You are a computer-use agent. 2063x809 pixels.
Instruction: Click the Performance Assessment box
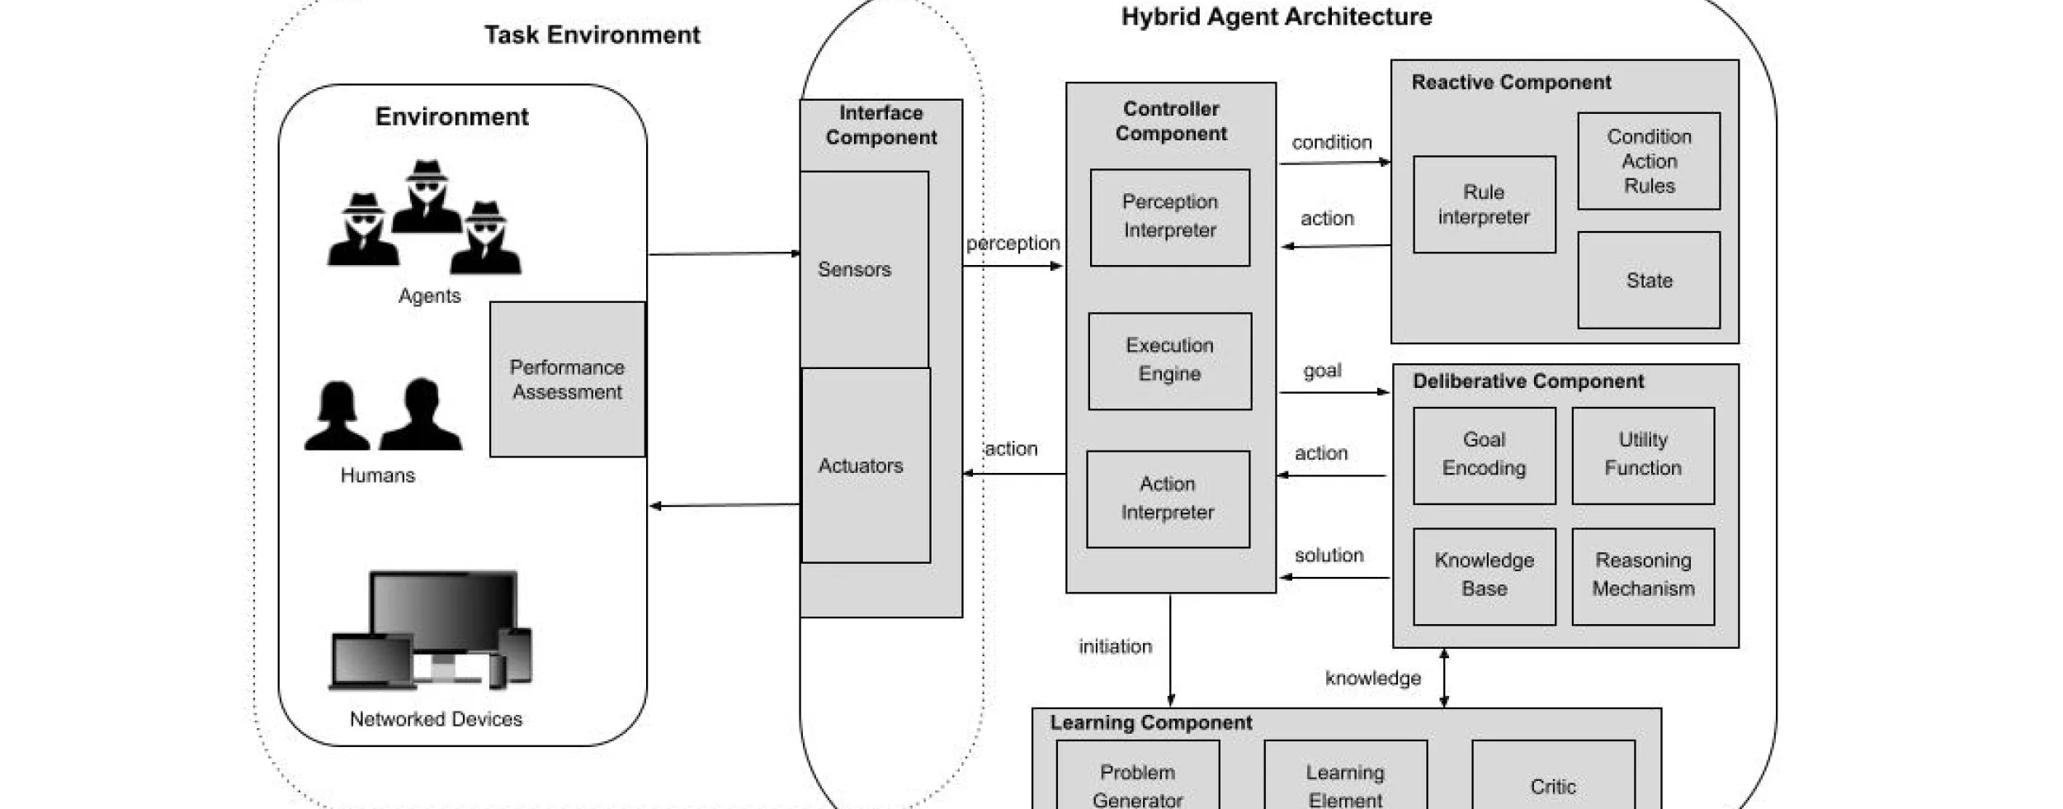[567, 379]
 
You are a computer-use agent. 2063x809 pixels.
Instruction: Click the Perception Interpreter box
[1169, 217]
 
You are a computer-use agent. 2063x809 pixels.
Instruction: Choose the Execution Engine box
[1169, 361]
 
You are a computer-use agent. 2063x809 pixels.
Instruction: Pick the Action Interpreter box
[1168, 499]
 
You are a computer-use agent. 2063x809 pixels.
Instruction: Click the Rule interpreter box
[1484, 204]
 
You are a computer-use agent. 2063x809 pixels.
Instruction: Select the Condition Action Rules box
[1648, 161]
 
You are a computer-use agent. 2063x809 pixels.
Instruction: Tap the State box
[1648, 280]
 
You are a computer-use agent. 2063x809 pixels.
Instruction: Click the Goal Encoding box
[1484, 455]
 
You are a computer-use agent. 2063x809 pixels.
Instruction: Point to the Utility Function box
[1642, 455]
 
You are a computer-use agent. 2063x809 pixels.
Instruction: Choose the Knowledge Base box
[1484, 575]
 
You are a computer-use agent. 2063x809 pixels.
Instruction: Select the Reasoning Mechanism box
[1642, 575]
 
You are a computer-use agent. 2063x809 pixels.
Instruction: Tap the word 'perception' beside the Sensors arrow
[1013, 244]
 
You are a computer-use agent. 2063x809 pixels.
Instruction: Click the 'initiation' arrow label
[1115, 646]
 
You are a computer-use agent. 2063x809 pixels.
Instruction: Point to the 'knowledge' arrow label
[1372, 679]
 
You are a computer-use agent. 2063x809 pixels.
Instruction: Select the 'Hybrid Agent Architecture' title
[1276, 17]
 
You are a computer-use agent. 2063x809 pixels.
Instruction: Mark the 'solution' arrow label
[1329, 556]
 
